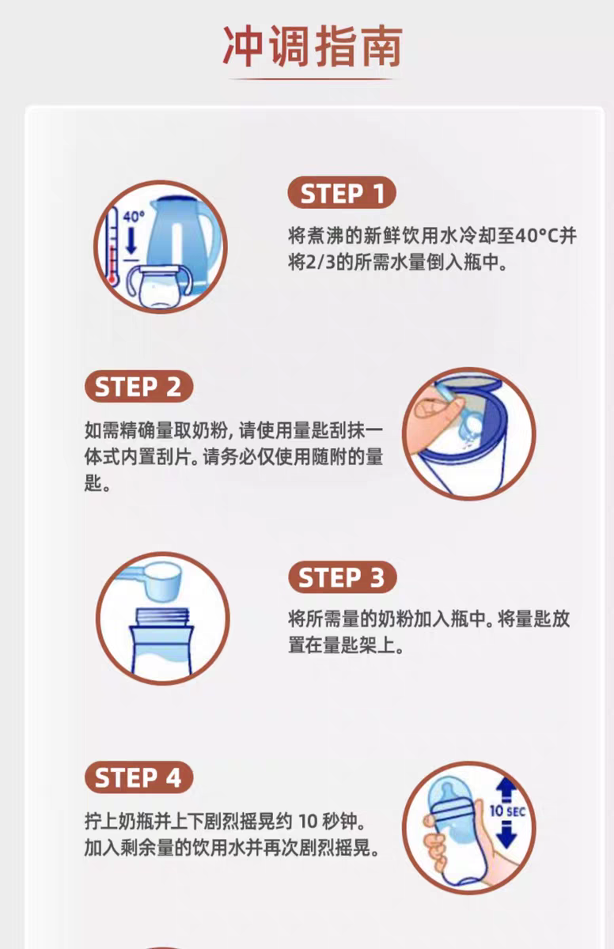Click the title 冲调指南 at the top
[313, 46]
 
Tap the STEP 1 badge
[342, 193]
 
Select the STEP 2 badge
[139, 387]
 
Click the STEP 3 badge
[343, 577]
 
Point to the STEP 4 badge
[139, 777]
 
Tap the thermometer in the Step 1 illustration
[112, 246]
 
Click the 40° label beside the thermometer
[134, 217]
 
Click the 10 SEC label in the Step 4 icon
[508, 811]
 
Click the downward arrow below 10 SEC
[506, 835]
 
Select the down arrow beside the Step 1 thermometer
[131, 241]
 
